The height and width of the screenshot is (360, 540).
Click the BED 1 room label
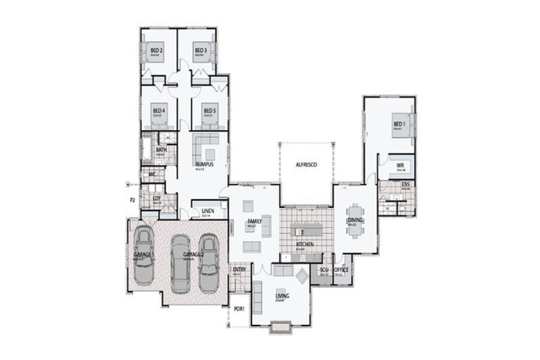398,124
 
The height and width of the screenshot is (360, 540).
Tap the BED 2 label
157,51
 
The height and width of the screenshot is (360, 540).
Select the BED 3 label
200,51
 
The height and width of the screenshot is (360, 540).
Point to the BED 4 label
159,110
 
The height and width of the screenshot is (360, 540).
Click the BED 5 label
208,110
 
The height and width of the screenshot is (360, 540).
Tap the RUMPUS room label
205,165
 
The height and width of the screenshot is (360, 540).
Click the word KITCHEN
304,244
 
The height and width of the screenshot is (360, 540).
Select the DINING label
355,220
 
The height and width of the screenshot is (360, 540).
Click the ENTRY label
239,269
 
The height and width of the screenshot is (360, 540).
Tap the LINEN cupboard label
207,210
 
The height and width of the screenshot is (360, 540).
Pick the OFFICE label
342,269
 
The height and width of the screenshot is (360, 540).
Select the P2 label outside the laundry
131,200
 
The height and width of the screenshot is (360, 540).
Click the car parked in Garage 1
144,255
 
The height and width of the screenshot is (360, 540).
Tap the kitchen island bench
305,231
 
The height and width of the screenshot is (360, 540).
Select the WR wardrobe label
399,166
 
